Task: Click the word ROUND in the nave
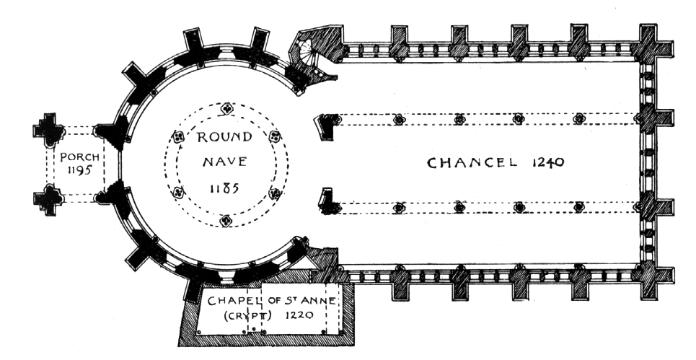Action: click(226, 137)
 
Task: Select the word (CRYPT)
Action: click(228, 316)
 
